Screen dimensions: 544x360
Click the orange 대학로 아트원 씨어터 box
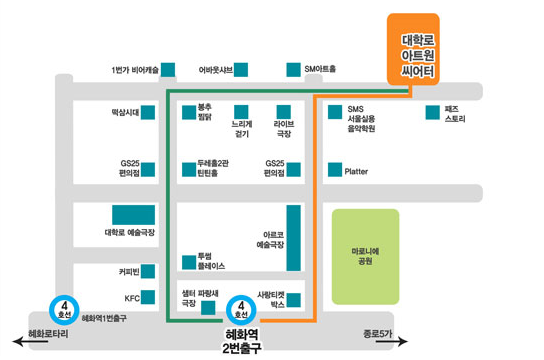[x=413, y=49]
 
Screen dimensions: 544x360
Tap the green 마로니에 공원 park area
[x=365, y=257]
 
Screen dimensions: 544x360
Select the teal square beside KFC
[x=148, y=297]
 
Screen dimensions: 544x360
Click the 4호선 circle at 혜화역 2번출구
[x=241, y=310]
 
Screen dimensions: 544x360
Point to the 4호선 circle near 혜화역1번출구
[x=64, y=310]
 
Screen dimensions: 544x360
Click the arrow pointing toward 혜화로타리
[x=30, y=342]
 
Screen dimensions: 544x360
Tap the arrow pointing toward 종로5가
[x=392, y=342]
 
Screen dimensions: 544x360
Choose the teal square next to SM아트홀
[x=294, y=70]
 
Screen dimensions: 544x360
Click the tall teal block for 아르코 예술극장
[x=294, y=238]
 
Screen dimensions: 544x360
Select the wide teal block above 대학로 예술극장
[x=134, y=215]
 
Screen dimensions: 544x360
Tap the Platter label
[x=356, y=171]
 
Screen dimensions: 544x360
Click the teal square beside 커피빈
[x=148, y=271]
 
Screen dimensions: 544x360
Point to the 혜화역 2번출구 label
[x=241, y=341]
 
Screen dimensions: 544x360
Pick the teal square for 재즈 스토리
[x=433, y=113]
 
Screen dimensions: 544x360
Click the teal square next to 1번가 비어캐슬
[x=168, y=70]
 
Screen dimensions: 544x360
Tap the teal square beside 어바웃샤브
[x=241, y=70]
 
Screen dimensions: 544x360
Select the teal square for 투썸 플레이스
[x=189, y=263]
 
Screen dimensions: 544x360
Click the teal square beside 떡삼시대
[x=148, y=113]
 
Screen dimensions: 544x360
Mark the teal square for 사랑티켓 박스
[x=294, y=300]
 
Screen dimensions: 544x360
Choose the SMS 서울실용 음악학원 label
[x=361, y=119]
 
